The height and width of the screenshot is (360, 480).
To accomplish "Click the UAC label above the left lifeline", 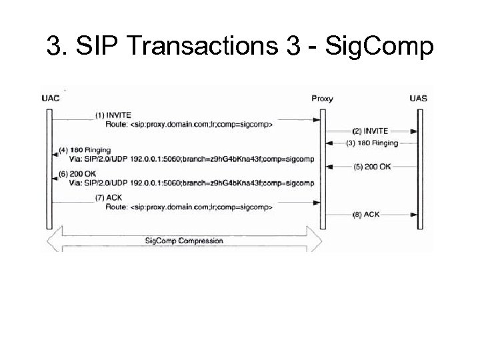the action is tap(51, 99).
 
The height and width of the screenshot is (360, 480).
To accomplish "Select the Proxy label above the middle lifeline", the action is tap(322, 99).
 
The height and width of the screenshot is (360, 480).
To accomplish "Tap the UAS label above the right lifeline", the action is tap(419, 99).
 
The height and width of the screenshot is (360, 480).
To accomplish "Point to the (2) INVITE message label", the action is tap(372, 131).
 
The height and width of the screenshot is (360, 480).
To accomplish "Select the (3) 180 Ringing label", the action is tap(373, 143).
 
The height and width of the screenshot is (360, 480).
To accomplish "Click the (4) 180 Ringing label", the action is tap(85, 149).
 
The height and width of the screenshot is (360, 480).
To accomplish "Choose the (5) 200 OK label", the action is tap(373, 167).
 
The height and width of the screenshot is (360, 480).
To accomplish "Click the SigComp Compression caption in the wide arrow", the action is tap(185, 240).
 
